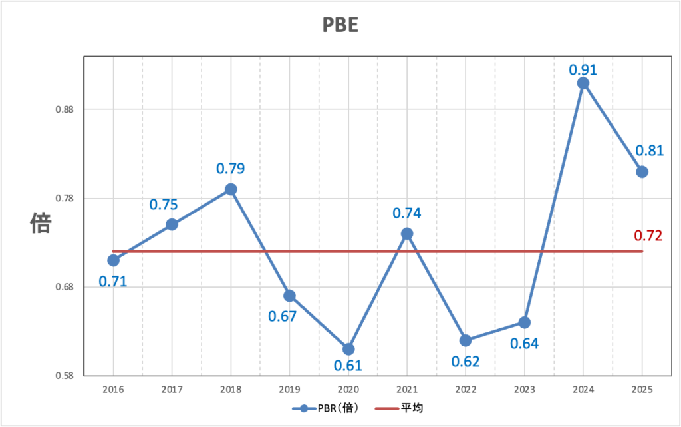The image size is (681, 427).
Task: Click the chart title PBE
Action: (340, 25)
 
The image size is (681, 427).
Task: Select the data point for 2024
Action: (583, 83)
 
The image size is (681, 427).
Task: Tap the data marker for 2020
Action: (348, 349)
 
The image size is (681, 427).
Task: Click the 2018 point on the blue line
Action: (231, 189)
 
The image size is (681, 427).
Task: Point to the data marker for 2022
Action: (466, 340)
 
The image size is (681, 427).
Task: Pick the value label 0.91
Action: (583, 69)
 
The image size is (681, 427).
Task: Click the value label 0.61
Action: (348, 365)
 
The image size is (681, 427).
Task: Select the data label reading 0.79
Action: (231, 169)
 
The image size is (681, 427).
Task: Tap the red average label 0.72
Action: (648, 235)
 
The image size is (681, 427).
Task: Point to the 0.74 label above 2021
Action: (407, 213)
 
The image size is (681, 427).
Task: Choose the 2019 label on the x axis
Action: (289, 389)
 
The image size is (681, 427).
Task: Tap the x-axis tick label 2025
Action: (642, 389)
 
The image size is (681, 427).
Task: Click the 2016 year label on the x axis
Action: (113, 389)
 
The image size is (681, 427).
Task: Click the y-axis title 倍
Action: (41, 224)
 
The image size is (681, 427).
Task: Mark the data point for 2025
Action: (642, 171)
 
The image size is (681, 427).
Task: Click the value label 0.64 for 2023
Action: (525, 344)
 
